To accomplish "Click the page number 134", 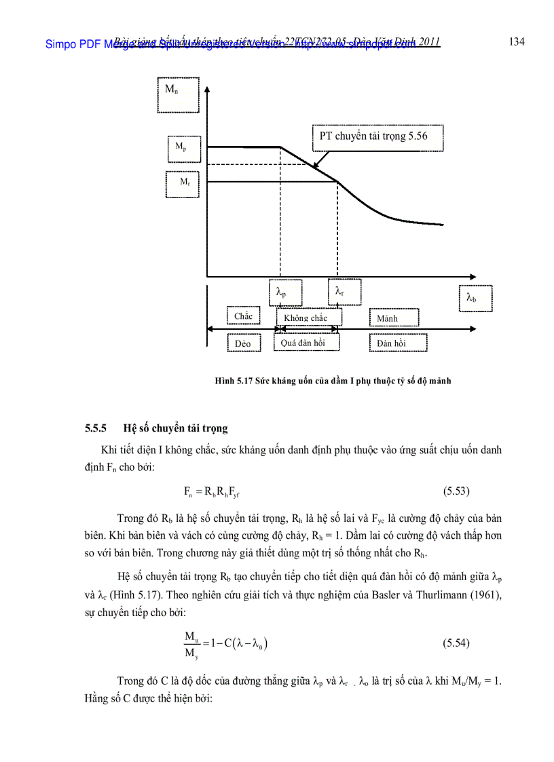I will click(516, 42).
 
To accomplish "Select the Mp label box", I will click(184, 149).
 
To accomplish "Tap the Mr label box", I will click(184, 183).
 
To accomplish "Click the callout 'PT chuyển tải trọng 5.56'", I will click(377, 138).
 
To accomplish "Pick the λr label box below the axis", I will click(344, 292).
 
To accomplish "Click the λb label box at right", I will click(475, 298).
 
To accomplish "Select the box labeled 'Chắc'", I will click(243, 317).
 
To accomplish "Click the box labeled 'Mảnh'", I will click(394, 318).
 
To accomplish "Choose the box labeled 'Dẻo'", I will click(243, 343).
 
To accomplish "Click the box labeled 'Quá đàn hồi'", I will click(306, 343).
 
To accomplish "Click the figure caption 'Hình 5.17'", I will click(234, 381).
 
